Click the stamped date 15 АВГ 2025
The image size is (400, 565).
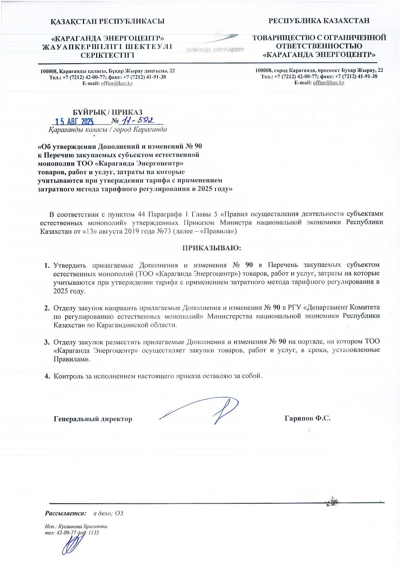(74, 121)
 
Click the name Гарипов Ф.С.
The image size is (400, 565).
(308, 418)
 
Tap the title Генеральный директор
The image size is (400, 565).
(93, 419)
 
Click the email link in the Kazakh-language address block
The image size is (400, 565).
(116, 83)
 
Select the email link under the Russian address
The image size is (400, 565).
(328, 82)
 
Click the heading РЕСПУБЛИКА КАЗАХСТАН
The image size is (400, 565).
(319, 21)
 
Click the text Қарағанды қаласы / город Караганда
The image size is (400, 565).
(108, 130)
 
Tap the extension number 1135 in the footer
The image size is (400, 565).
(93, 532)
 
